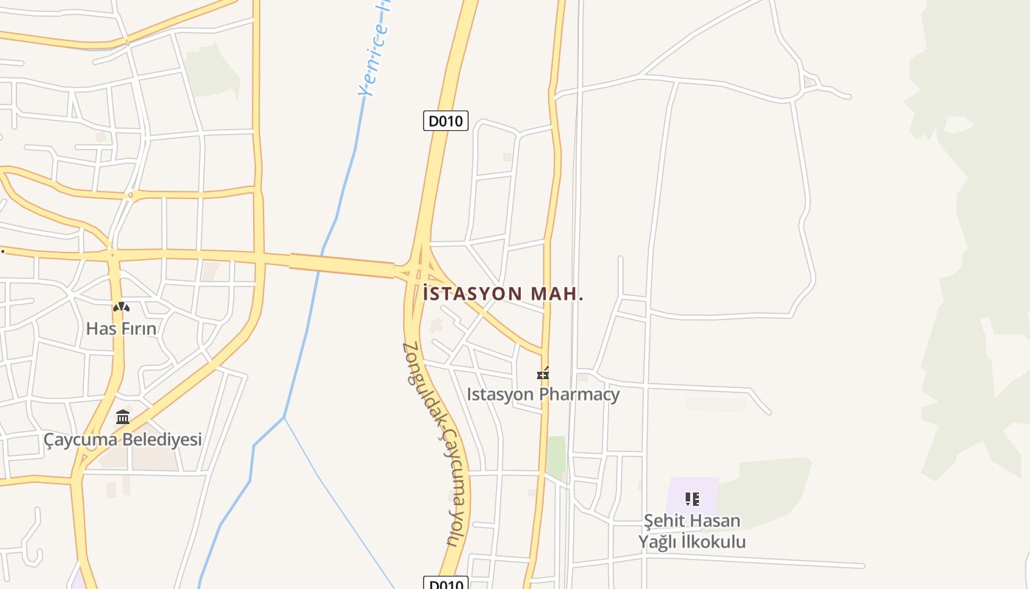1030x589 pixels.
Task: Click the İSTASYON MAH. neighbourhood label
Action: tap(503, 294)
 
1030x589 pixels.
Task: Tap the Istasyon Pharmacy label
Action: tap(543, 394)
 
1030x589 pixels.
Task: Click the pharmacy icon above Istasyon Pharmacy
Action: tap(543, 374)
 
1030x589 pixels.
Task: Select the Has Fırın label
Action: tap(121, 328)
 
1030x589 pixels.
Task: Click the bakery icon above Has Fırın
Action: tap(121, 307)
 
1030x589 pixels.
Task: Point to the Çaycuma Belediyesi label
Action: tap(122, 440)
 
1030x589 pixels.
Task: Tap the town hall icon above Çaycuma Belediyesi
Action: tap(123, 418)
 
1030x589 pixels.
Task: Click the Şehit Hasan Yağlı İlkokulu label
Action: tap(692, 531)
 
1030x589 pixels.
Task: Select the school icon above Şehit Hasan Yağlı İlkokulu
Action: tap(692, 500)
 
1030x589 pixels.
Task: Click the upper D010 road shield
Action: tap(446, 121)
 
